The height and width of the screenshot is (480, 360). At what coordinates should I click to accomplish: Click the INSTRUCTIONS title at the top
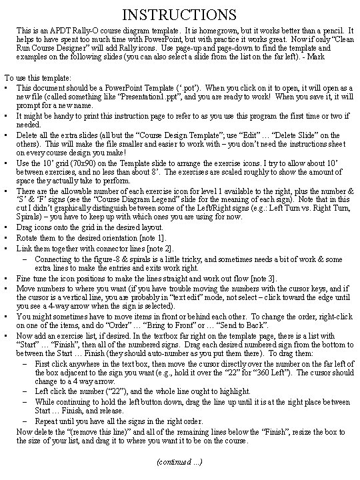179,13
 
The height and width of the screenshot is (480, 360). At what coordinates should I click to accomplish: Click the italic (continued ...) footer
179,461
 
